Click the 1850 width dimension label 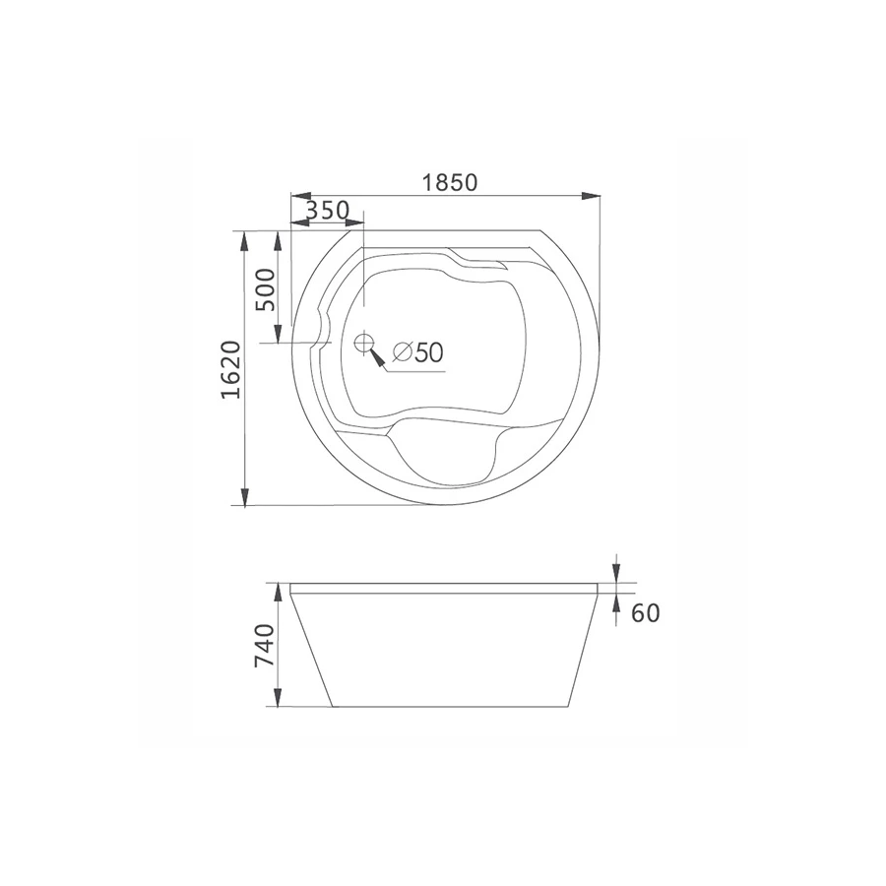[x=450, y=182]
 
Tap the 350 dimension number [x=328, y=211]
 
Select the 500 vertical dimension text [x=266, y=289]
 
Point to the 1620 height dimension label [x=230, y=370]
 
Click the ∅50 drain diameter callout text [x=418, y=352]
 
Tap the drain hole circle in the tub [x=364, y=342]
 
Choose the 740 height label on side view [x=266, y=645]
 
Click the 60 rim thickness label [x=645, y=612]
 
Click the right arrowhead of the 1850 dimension [x=591, y=196]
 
